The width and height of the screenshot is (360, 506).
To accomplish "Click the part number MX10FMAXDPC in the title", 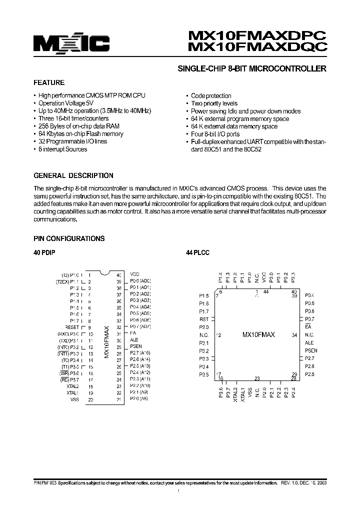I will click(257, 36).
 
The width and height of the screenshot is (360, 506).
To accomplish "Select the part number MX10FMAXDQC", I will click(257, 48).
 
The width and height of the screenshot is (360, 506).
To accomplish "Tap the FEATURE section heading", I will click(49, 83).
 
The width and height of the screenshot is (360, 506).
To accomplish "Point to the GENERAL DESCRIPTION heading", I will click(73, 176).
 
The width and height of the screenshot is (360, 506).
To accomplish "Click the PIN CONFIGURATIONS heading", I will click(69, 239).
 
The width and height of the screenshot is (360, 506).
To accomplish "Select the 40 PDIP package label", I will click(44, 253).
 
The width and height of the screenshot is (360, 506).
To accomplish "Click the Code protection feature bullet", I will click(211, 96).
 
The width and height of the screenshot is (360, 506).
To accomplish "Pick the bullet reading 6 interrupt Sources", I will click(62, 149).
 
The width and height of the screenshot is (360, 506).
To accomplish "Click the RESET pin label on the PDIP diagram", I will click(72, 327).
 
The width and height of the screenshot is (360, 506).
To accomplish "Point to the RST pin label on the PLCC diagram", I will click(204, 319).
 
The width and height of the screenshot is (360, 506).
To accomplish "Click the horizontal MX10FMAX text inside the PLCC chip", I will click(258, 334).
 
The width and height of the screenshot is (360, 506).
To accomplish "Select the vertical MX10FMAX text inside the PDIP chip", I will click(106, 342).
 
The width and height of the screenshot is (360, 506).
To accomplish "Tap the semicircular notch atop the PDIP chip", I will click(104, 273).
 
